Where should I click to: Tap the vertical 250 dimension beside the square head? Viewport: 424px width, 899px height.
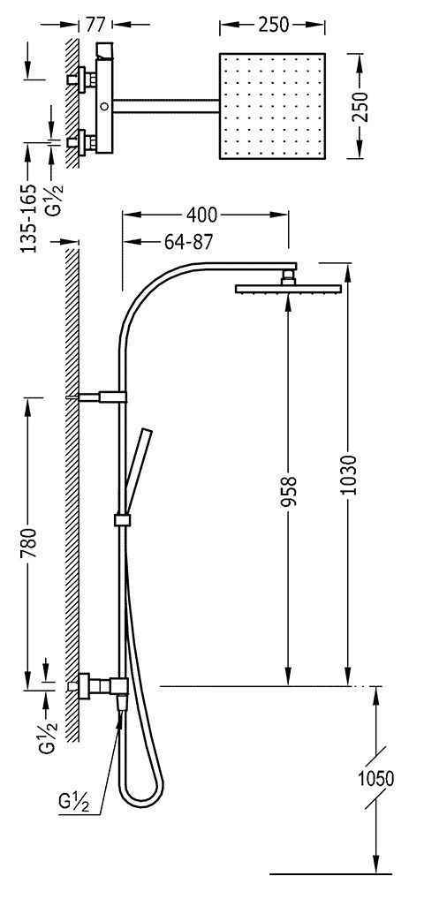tap(360, 106)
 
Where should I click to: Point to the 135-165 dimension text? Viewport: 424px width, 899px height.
tap(28, 217)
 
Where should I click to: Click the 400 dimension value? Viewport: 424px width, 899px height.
tap(201, 215)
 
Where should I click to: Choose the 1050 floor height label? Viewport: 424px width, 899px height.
tap(376, 779)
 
